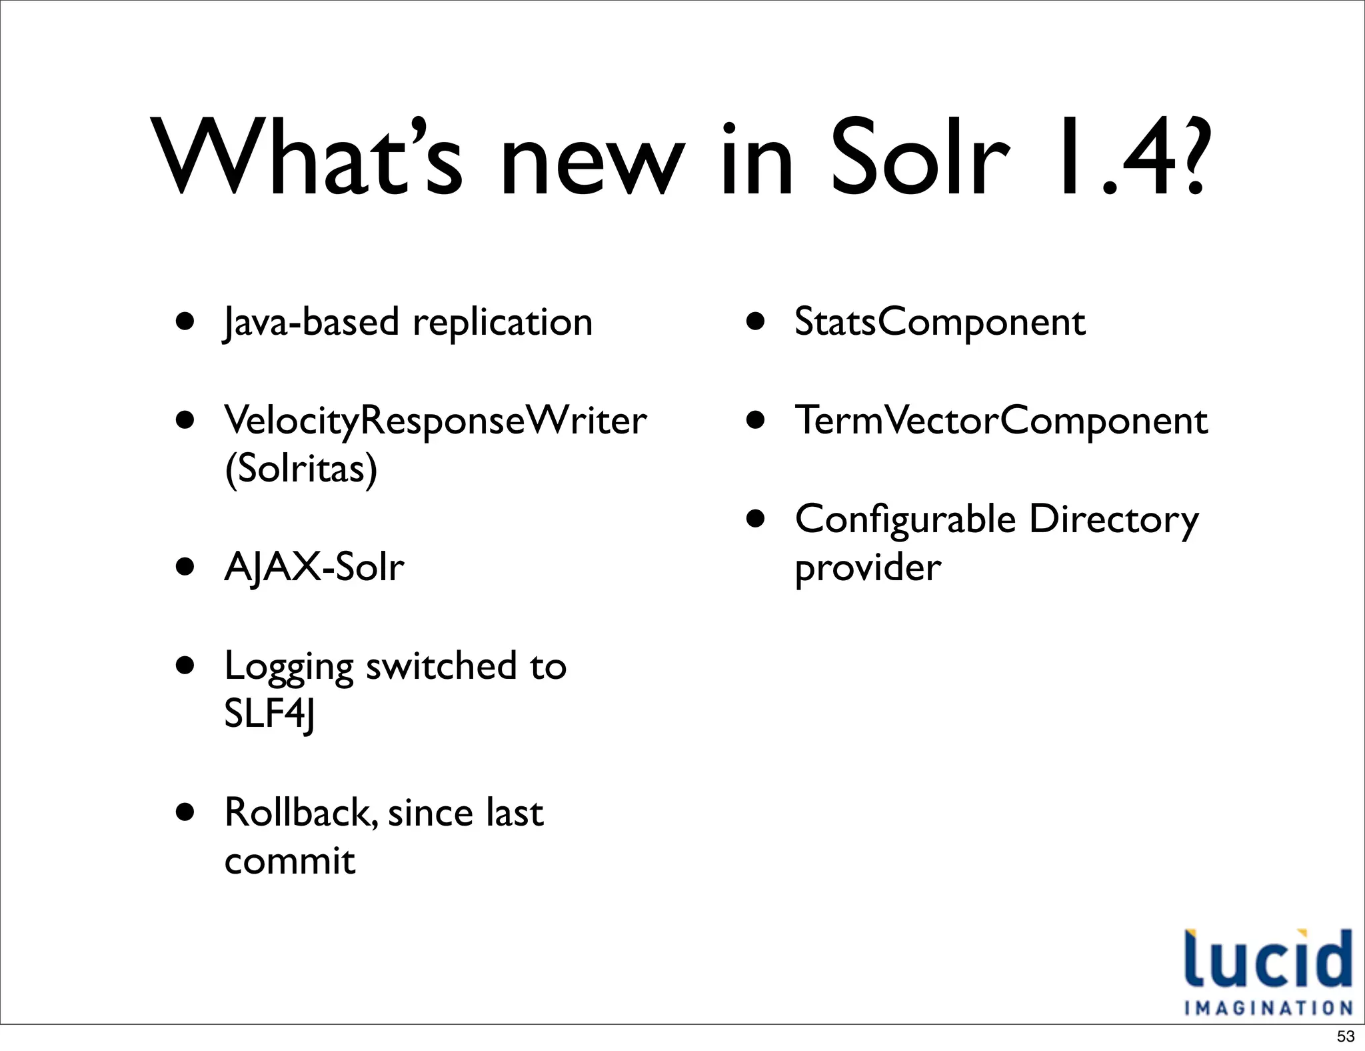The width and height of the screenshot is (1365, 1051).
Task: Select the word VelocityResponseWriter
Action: pyautogui.click(x=435, y=421)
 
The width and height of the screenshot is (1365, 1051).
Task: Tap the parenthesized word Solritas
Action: pyautogui.click(x=301, y=469)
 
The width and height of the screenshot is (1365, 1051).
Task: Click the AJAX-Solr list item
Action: pyautogui.click(x=314, y=568)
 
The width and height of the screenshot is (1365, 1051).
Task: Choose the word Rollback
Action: pyautogui.click(x=301, y=814)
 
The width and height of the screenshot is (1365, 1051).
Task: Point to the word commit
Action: pyautogui.click(x=290, y=862)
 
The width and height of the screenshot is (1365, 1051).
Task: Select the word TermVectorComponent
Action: pyautogui.click(x=1001, y=421)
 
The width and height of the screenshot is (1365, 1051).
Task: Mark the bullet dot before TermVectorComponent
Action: pyautogui.click(x=755, y=420)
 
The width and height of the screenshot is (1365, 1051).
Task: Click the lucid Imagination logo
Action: pyautogui.click(x=1268, y=972)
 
